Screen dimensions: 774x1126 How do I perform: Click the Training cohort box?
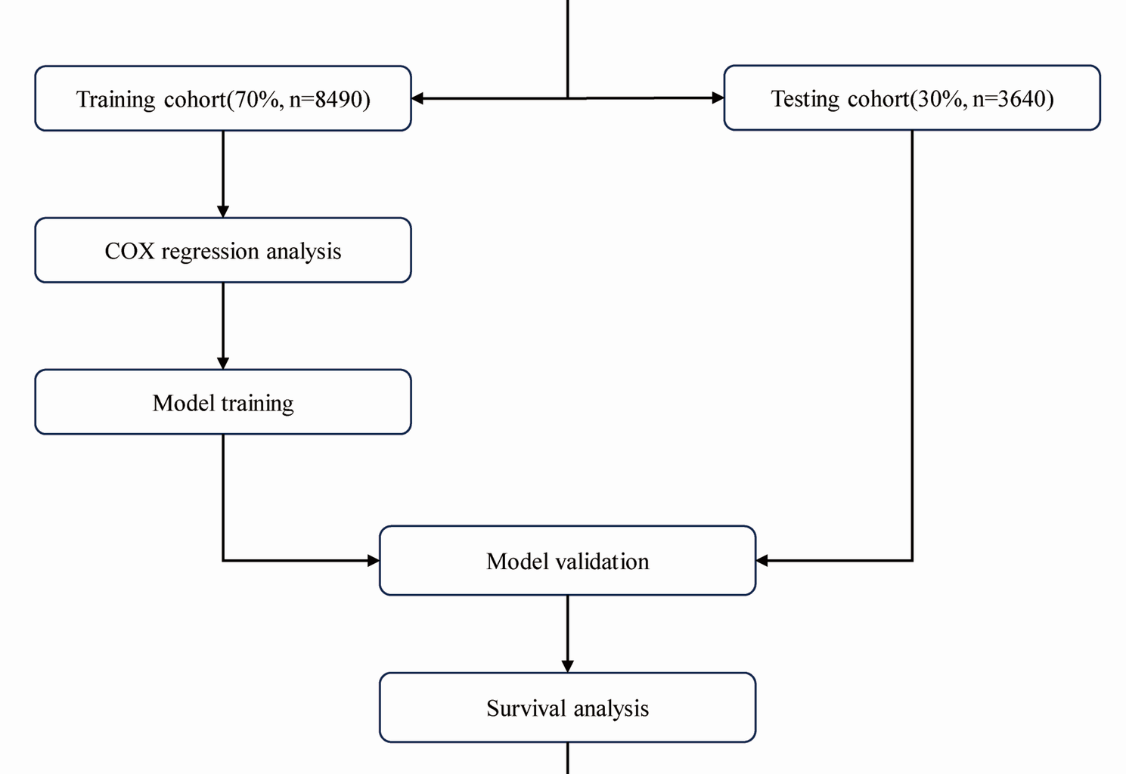223,98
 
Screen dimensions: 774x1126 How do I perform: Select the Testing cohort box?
912,98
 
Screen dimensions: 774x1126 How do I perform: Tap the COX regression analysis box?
223,250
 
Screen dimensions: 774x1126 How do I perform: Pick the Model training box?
223,402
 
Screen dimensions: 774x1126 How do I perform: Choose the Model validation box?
567,561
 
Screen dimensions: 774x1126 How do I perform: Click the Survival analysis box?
567,707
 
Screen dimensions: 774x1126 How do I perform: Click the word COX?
129,251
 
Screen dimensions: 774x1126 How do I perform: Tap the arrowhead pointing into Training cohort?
417,98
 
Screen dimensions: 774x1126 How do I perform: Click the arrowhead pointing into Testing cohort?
718,98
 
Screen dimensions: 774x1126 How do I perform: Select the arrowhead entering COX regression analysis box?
223,211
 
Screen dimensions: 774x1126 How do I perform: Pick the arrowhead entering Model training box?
223,363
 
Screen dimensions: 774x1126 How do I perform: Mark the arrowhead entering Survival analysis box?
567,666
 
